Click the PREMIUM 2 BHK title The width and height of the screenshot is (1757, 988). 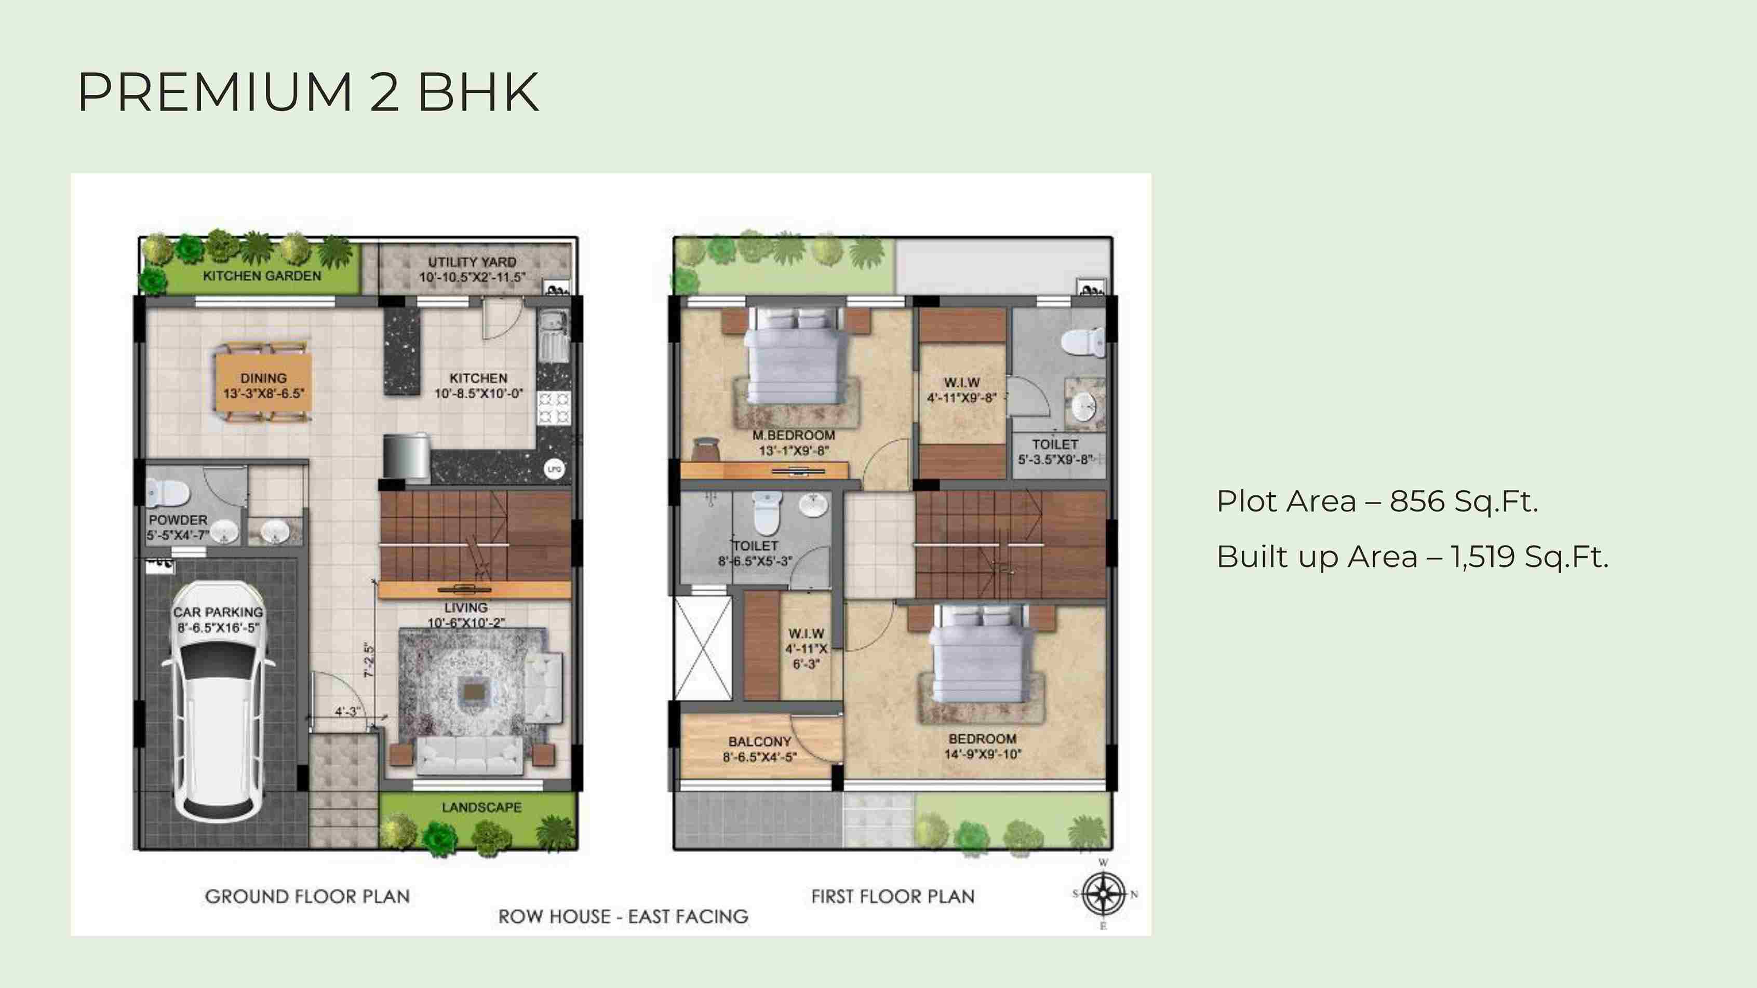pos(309,92)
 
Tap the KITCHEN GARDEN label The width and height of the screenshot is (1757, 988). pos(262,276)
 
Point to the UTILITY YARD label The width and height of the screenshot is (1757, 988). pos(472,262)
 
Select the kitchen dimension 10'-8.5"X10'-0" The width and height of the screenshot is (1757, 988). pos(479,394)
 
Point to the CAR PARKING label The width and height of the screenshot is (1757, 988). pos(218,612)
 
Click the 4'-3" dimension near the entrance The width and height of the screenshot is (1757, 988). pos(347,712)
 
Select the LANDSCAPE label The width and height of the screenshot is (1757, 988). pos(481,807)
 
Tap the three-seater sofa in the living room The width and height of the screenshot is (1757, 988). pos(470,755)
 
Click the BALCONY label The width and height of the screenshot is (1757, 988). pos(760,741)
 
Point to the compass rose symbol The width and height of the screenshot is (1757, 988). pos(1104,895)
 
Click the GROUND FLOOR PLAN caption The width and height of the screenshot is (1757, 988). pos(307,897)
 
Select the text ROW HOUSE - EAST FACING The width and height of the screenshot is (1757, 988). pos(623,916)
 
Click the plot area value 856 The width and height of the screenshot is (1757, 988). pos(1417,502)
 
